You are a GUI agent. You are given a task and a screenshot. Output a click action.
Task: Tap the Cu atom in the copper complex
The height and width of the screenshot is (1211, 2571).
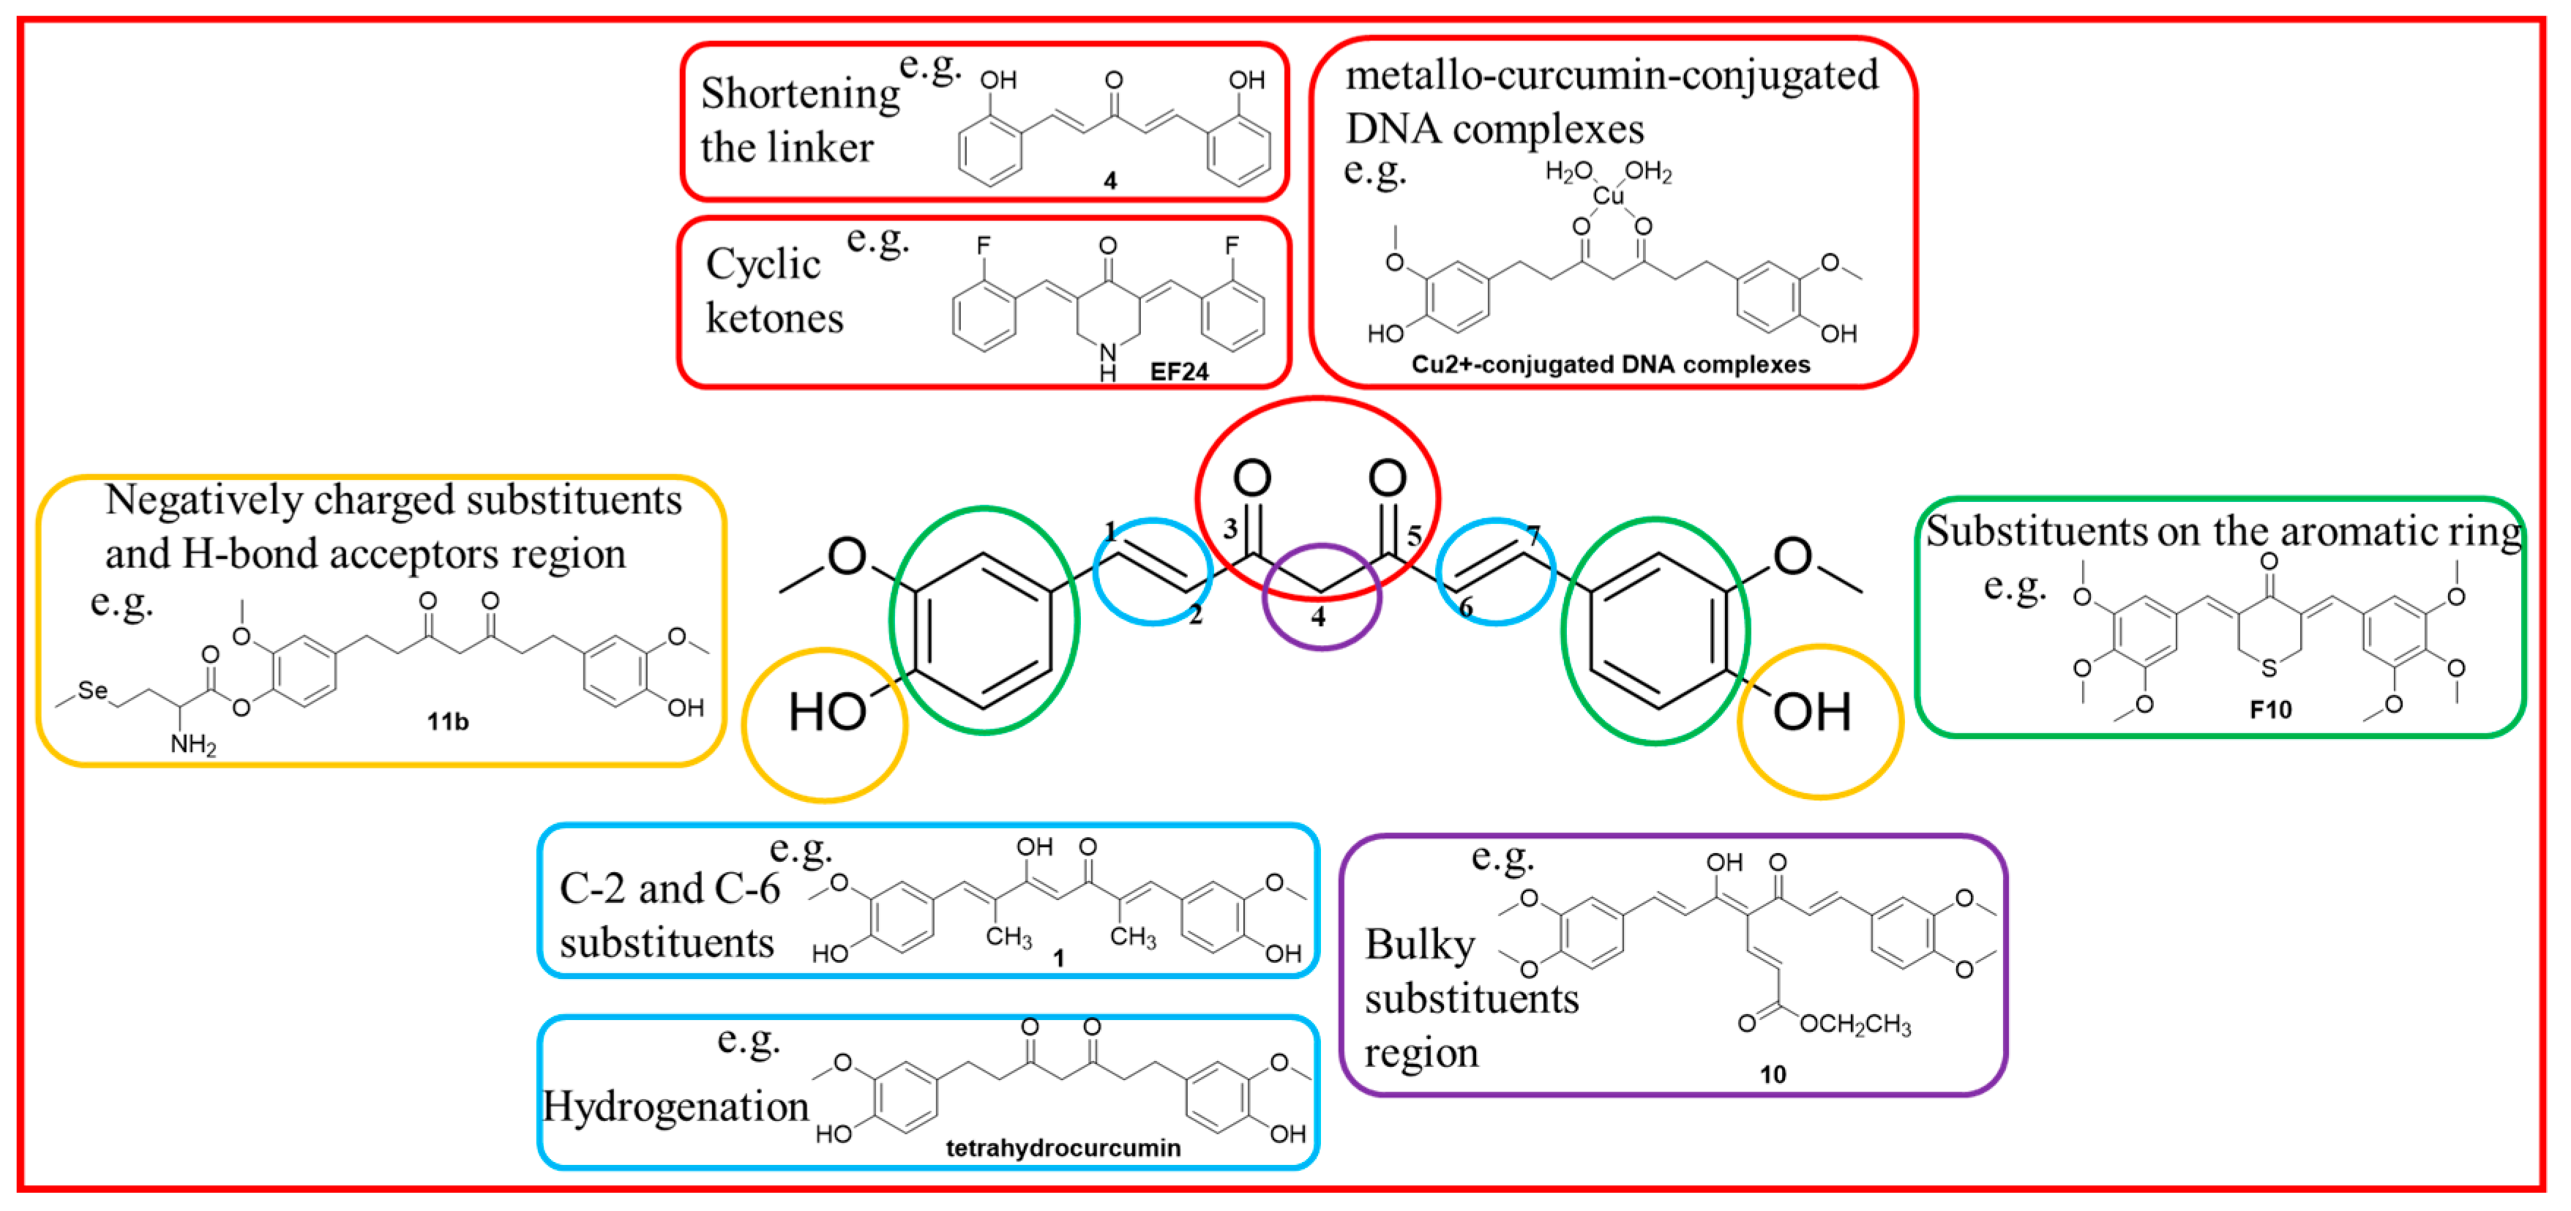[1607, 195]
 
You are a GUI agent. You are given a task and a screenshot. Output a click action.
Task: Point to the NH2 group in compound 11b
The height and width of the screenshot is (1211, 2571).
[192, 743]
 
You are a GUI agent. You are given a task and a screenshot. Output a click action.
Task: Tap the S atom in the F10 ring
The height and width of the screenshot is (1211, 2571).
[2269, 667]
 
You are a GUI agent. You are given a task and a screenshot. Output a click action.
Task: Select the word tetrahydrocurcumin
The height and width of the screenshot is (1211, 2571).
[1062, 1147]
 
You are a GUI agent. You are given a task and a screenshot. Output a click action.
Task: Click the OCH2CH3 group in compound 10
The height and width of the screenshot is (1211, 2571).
[1855, 1024]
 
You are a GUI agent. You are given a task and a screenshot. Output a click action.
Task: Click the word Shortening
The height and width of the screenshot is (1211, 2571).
[799, 94]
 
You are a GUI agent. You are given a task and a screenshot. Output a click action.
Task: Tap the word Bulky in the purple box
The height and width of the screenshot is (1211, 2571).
[1418, 944]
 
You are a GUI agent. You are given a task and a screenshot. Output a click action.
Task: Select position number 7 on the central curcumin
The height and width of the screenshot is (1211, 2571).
[1533, 536]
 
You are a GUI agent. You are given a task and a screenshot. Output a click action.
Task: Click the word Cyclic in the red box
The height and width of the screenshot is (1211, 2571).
[763, 263]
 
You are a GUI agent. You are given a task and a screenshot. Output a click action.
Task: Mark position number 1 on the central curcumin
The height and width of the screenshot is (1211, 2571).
[1109, 530]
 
